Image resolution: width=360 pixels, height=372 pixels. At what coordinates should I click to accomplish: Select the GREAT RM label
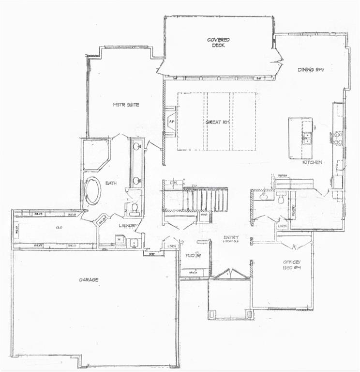[217, 122]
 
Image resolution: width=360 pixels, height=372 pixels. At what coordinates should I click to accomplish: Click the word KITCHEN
[313, 162]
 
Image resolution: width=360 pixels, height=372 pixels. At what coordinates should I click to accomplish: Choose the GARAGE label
[89, 280]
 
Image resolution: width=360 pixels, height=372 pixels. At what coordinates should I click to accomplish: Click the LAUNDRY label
[129, 226]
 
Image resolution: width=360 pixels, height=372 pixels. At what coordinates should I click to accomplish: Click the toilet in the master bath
[134, 208]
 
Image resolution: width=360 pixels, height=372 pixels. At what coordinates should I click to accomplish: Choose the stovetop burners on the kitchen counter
[336, 138]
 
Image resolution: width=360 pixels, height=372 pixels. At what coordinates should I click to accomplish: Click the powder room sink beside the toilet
[264, 197]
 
